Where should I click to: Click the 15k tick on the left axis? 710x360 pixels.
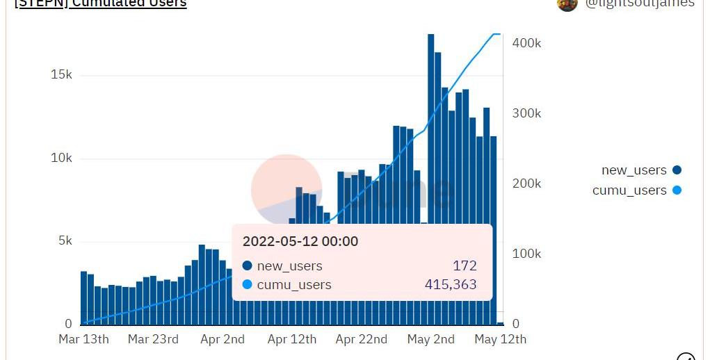click(61, 75)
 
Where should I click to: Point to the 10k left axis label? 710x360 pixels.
click(61, 158)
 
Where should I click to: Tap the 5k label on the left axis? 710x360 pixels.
click(64, 241)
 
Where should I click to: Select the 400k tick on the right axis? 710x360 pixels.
click(526, 43)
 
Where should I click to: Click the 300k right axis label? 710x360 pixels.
click(526, 113)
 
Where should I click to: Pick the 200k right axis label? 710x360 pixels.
click(526, 183)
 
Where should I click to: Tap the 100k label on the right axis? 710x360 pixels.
click(526, 254)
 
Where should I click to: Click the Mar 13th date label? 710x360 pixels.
click(83, 339)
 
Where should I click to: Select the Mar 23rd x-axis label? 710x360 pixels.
click(153, 339)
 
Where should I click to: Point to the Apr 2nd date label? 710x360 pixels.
click(222, 339)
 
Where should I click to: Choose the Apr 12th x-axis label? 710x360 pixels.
click(291, 339)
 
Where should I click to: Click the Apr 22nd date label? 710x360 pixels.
click(361, 339)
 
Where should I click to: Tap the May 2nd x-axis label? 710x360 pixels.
click(430, 339)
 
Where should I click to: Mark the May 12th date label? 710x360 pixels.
click(500, 339)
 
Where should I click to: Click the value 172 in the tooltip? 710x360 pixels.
click(465, 265)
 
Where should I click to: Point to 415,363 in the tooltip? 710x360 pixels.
click(451, 284)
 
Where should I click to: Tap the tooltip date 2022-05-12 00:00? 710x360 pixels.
click(300, 241)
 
